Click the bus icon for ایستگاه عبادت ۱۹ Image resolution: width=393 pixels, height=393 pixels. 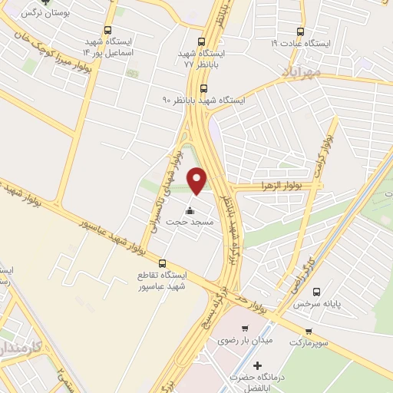click(x=300, y=32)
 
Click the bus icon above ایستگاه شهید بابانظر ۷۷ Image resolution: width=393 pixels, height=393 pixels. click(x=201, y=42)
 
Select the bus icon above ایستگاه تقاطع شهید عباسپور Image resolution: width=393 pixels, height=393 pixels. click(x=160, y=263)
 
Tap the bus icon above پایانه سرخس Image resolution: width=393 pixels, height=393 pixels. click(x=316, y=292)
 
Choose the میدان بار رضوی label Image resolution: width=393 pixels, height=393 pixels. click(x=239, y=339)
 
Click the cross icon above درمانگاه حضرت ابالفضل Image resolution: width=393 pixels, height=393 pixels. click(x=257, y=365)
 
